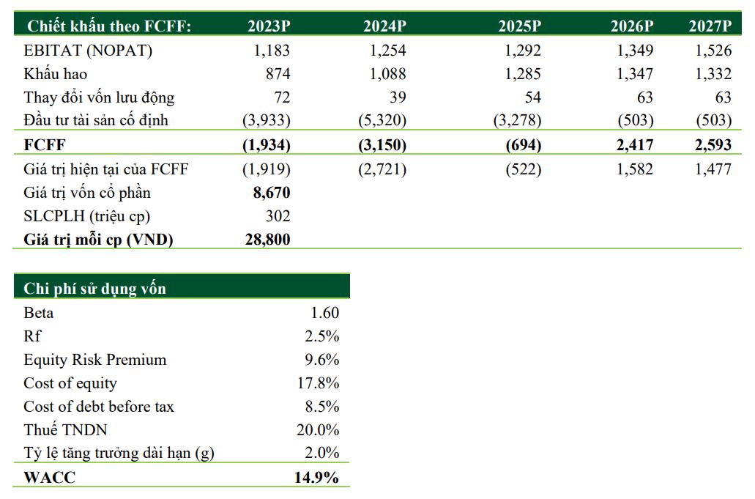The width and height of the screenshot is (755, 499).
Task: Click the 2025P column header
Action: pyautogui.click(x=519, y=26)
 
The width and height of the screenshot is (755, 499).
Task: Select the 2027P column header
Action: pyautogui.click(x=710, y=26)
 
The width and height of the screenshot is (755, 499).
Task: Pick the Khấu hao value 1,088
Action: pyautogui.click(x=387, y=74)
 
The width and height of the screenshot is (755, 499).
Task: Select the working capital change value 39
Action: pyautogui.click(x=396, y=97)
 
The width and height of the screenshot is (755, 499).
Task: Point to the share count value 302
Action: pyautogui.click(x=278, y=216)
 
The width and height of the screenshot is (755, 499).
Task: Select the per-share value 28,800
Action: pyautogui.click(x=266, y=240)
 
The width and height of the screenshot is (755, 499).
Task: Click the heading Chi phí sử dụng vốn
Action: pyautogui.click(x=94, y=288)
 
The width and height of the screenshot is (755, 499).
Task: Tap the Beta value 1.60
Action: pyautogui.click(x=325, y=313)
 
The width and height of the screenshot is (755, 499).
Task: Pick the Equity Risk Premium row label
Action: pyautogui.click(x=95, y=360)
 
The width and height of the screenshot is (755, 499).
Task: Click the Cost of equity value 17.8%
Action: pyautogui.click(x=321, y=383)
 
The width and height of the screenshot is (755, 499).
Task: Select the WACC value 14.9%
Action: pyautogui.click(x=316, y=478)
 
